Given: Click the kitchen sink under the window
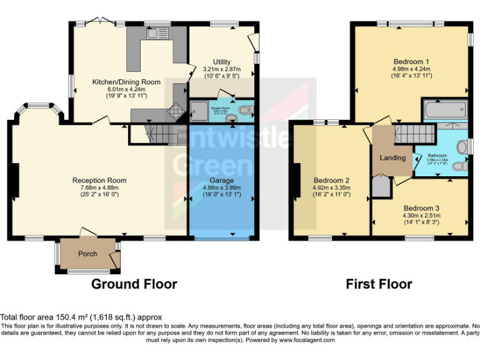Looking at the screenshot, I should click(154, 34).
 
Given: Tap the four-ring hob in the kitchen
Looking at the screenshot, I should click(176, 113).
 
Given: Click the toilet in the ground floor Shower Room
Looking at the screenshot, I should click(244, 111).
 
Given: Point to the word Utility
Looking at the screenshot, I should click(222, 62).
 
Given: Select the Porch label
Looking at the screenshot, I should click(87, 254).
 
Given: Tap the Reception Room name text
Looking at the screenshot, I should click(99, 181).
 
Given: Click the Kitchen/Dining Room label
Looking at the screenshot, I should click(126, 82).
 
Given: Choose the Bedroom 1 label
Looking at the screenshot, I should click(412, 61).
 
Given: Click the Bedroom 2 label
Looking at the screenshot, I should click(331, 181).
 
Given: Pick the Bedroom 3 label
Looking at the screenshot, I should click(421, 208).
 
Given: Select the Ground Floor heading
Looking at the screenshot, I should click(134, 284).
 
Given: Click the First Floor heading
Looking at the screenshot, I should click(379, 284).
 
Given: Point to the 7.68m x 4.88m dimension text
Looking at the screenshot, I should click(99, 188).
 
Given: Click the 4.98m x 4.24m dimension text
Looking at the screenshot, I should click(412, 68).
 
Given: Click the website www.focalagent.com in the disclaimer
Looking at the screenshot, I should click(307, 340).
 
